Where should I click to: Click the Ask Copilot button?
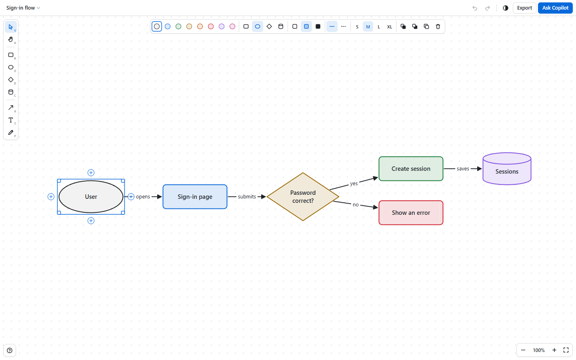[555, 8]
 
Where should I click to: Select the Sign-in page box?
[195, 197]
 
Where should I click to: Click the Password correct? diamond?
[303, 197]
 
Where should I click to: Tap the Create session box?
[411, 169]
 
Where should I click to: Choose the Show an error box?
[411, 213]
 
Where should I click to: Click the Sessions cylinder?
[507, 169]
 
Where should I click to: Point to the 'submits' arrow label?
[247, 197]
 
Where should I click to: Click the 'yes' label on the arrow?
[354, 183]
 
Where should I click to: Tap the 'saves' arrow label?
[463, 169]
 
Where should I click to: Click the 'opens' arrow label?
[143, 197]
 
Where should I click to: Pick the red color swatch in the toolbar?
[211, 26]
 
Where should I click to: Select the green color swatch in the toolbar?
[178, 26]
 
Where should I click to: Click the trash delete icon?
[438, 26]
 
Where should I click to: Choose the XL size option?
[390, 27]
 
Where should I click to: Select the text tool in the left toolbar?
[11, 120]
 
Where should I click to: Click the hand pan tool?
[11, 39]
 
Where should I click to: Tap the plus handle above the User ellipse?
[91, 172]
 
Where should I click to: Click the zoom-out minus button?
[523, 350]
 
